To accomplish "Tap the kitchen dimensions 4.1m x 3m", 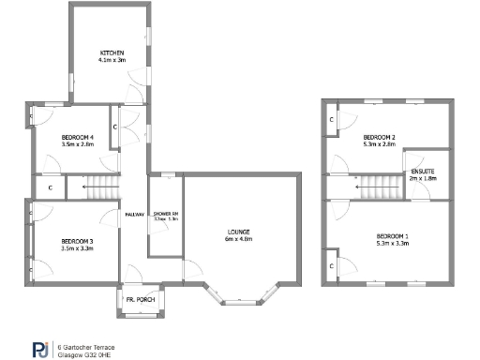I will (112, 59).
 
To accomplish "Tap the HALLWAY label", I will (134, 214).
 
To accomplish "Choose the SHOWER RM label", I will (165, 214).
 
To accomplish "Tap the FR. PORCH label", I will (142, 300).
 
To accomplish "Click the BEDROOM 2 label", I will (380, 138).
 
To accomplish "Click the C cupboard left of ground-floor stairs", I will (49, 187).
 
